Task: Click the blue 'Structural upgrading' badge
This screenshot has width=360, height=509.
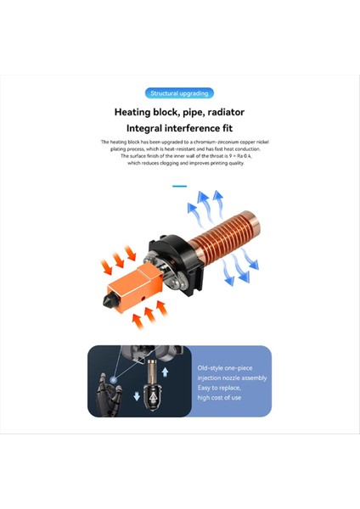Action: click(x=179, y=93)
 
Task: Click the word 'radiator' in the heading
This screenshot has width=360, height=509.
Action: click(x=221, y=111)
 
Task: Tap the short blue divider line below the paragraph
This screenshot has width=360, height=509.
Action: click(x=179, y=186)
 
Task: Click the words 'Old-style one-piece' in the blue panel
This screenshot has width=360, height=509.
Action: click(x=225, y=368)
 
